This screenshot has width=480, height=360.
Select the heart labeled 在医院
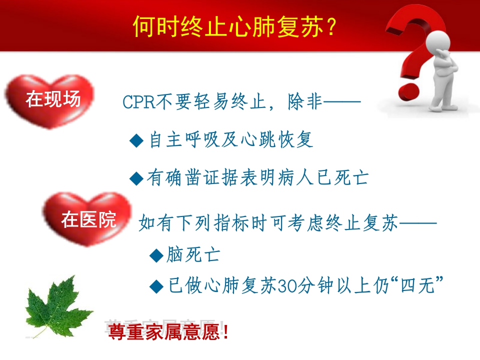pyautogui.click(x=88, y=219)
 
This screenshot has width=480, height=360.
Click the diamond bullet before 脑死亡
pyautogui.click(x=156, y=256)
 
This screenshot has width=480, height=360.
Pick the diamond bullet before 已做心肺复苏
pyautogui.click(x=156, y=286)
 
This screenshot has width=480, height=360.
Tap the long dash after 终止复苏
pyautogui.click(x=417, y=222)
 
